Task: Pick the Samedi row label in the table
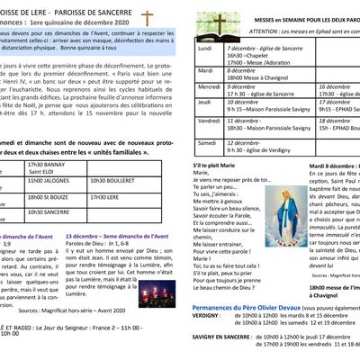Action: [208, 143]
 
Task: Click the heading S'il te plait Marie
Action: [220, 167]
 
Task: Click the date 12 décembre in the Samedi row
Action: [246, 142]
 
